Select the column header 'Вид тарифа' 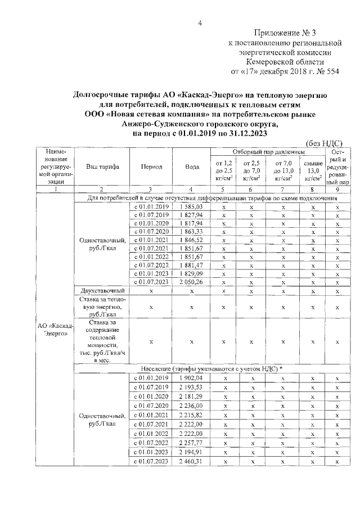point(102,166)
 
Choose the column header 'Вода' point(192,166)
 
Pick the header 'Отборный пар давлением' point(268,152)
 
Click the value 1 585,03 point(191,207)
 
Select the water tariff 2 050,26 point(191,282)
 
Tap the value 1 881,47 point(191,265)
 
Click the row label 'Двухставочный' point(102,290)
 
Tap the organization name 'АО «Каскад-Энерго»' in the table point(55,329)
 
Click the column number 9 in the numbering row point(337,190)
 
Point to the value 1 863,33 point(191,232)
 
